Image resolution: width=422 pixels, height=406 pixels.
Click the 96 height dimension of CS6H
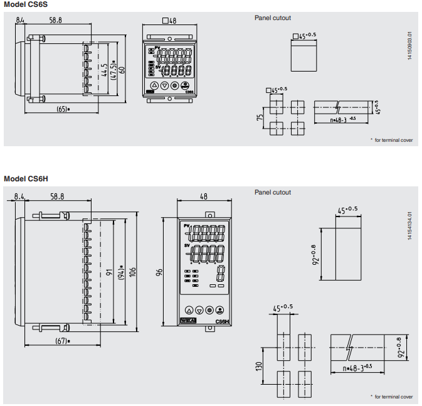159,272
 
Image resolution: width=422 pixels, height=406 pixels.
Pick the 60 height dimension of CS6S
123,68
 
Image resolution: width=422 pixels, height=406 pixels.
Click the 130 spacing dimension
259,365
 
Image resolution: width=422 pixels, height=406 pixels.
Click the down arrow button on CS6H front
199,310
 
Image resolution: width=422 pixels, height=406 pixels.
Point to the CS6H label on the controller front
221,321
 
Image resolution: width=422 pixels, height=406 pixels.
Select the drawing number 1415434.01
410,226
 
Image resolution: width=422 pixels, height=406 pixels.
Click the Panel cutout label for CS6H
273,192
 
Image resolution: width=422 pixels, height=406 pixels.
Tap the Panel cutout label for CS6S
273,18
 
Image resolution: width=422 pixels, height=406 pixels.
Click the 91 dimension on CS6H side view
108,272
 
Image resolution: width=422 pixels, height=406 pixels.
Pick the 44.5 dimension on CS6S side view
104,69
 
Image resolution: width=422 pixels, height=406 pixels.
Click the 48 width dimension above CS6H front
203,196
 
